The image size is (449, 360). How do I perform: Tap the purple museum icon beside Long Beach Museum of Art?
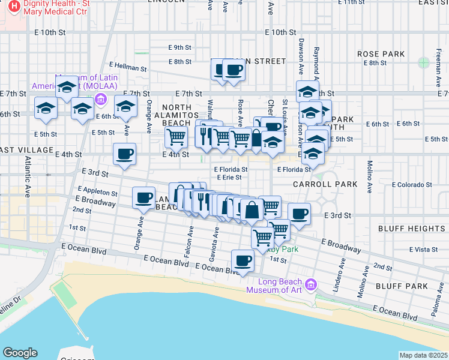(x=310, y=284)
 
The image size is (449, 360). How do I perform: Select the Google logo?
(x=20, y=353)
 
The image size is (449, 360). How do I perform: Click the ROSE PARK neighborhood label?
(x=381, y=54)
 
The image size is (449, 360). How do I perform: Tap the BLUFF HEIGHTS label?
(x=411, y=229)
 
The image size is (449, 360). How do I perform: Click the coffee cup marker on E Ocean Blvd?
(x=243, y=261)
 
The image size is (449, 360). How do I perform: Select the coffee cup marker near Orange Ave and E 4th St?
(x=124, y=154)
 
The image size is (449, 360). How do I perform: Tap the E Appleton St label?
(x=92, y=191)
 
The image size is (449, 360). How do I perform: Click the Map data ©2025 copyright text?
(x=424, y=355)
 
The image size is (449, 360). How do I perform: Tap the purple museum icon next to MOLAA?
(x=101, y=99)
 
